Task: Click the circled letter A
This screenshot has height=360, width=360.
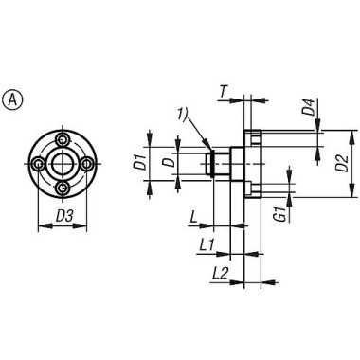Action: pos(12,100)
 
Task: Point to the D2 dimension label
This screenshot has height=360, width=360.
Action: pos(342,164)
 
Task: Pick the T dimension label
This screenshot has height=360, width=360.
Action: pos(223,92)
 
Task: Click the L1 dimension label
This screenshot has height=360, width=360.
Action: pos(207,244)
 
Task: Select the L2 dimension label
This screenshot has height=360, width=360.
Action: pos(220,273)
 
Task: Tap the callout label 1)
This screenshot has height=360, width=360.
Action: pos(184,114)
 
